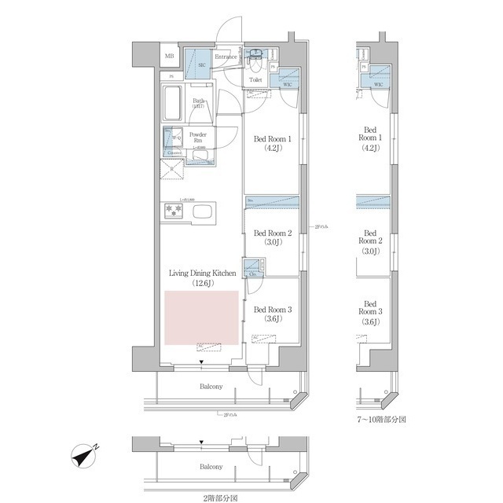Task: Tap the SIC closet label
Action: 201,65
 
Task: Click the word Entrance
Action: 227,57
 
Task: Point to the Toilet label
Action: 255,79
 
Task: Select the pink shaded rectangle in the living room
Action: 201,318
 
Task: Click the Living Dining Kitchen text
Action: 202,273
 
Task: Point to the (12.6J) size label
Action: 202,283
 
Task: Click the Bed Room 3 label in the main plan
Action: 272,310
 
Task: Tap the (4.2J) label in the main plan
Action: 272,151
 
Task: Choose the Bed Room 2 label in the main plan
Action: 272,233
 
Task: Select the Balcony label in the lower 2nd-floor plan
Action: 210,467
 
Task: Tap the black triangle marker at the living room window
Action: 202,362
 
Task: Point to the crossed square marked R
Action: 172,167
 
